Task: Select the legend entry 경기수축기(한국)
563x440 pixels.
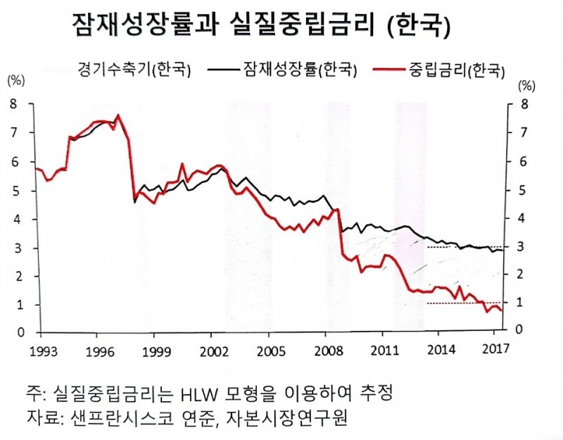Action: tap(134, 69)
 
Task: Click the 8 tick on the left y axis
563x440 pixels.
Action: tap(12, 104)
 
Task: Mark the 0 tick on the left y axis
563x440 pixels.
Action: tap(12, 333)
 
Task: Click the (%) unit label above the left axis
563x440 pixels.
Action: tap(15, 79)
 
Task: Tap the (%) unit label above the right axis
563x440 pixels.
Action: tap(526, 86)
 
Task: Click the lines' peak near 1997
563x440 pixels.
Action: tap(118, 115)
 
